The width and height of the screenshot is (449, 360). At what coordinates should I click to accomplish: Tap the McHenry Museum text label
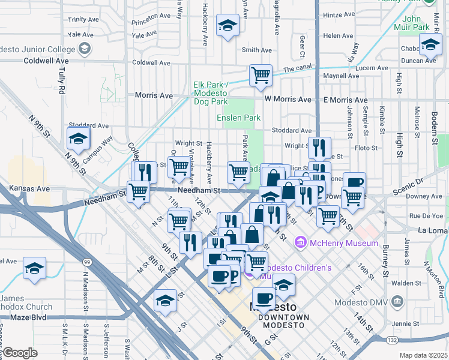click(x=344, y=243)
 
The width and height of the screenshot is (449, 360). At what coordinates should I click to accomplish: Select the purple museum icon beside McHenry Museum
click(x=300, y=243)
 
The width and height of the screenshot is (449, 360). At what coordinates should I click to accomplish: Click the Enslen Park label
click(x=238, y=118)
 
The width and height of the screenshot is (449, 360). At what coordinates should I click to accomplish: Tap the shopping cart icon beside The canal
click(x=261, y=76)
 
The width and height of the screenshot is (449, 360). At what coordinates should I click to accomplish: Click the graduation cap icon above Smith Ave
click(x=228, y=25)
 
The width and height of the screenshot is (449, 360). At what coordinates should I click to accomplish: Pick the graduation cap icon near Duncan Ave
click(x=430, y=44)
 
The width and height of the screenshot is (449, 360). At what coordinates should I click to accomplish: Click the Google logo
click(x=19, y=353)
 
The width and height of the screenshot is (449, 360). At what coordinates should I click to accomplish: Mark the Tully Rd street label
click(x=62, y=75)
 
